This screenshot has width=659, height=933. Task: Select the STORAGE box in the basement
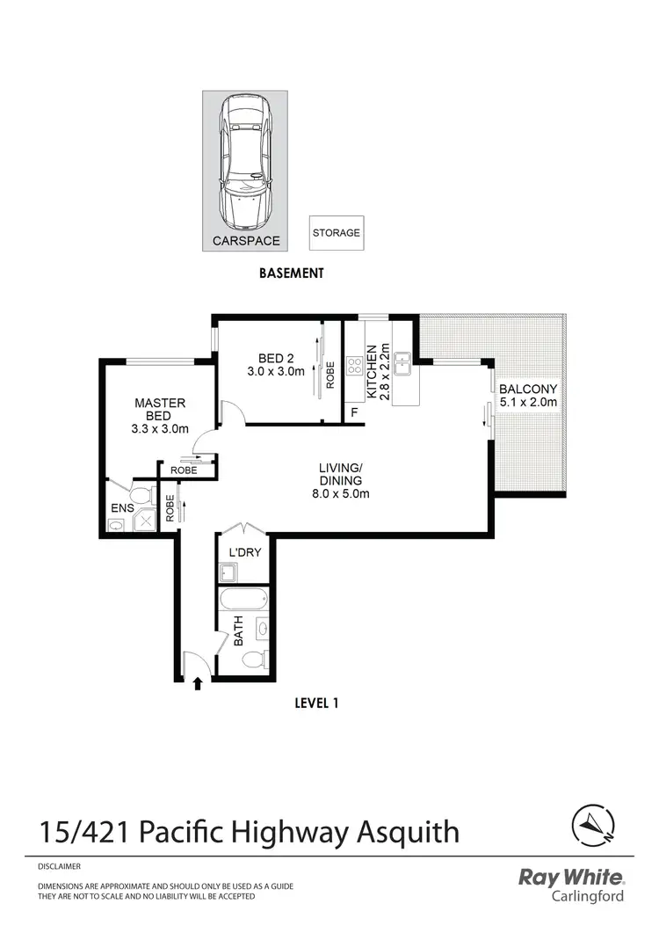click(x=336, y=234)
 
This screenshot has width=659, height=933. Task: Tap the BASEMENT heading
click(x=292, y=273)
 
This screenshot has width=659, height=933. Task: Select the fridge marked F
click(x=355, y=411)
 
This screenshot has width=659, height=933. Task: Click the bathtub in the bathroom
click(x=242, y=600)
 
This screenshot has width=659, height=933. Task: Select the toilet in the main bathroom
click(x=255, y=660)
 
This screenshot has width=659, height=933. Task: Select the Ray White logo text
click(x=571, y=878)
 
